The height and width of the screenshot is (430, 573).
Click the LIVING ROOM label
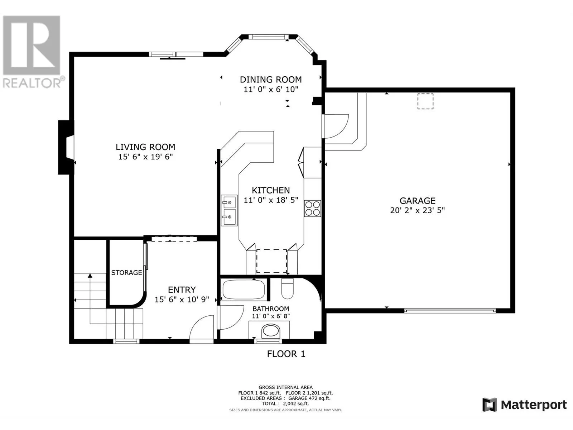click(x=145, y=147)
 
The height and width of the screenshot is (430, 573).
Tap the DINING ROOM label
click(x=271, y=80)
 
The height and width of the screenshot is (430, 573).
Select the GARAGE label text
click(x=418, y=201)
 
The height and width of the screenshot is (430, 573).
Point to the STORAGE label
click(x=127, y=273)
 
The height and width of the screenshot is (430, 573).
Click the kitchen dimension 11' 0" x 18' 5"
click(x=271, y=200)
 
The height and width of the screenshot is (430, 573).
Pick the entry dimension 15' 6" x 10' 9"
click(x=182, y=300)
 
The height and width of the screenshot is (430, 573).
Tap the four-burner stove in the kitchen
click(x=313, y=208)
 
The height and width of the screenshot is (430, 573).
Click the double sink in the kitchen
click(x=229, y=210)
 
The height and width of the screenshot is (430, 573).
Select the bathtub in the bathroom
click(x=243, y=290)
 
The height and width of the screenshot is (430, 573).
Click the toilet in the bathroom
click(x=288, y=289)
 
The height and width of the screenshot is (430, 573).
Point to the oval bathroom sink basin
click(x=271, y=331)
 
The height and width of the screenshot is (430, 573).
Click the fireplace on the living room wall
click(x=66, y=147)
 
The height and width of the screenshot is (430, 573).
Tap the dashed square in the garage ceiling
click(x=425, y=101)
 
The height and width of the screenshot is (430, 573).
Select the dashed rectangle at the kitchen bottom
click(x=271, y=261)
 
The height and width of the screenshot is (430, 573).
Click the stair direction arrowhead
click(x=90, y=276)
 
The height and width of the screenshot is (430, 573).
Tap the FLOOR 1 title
click(x=286, y=354)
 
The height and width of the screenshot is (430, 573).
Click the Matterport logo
click(x=525, y=405)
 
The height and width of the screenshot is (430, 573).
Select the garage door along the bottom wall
click(x=450, y=311)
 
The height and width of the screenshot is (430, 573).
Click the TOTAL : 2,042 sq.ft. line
click(x=285, y=403)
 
